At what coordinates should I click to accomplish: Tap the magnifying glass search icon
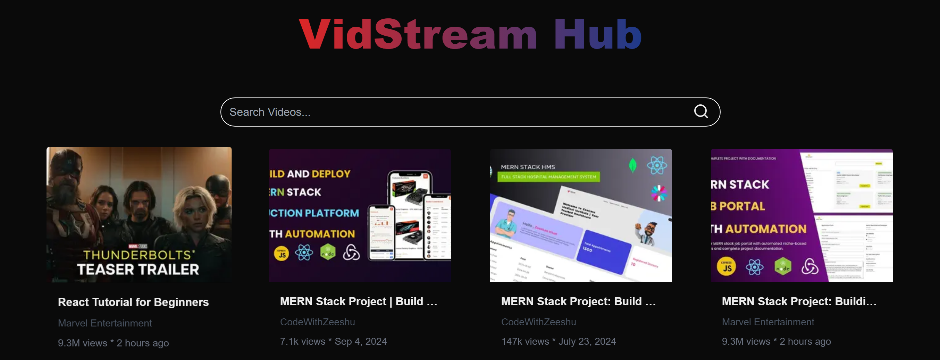(700, 112)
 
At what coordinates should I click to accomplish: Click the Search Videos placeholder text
(270, 112)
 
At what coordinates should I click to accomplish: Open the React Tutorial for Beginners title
(133, 302)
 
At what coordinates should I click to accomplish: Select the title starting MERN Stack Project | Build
(358, 301)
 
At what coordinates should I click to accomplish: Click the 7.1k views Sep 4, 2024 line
(333, 341)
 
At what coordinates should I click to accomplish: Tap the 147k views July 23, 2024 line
(558, 341)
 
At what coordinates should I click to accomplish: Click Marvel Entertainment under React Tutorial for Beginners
(105, 323)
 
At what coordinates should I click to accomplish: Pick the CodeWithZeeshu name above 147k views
(538, 322)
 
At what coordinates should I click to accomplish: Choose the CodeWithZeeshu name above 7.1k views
(317, 322)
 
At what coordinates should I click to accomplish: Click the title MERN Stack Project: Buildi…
(799, 301)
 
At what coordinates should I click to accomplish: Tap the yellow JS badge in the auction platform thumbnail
(282, 254)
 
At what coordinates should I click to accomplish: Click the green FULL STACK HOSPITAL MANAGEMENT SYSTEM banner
(548, 177)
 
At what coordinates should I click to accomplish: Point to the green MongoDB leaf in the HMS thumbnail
(633, 165)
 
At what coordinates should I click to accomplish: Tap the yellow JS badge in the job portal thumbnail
(726, 267)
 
